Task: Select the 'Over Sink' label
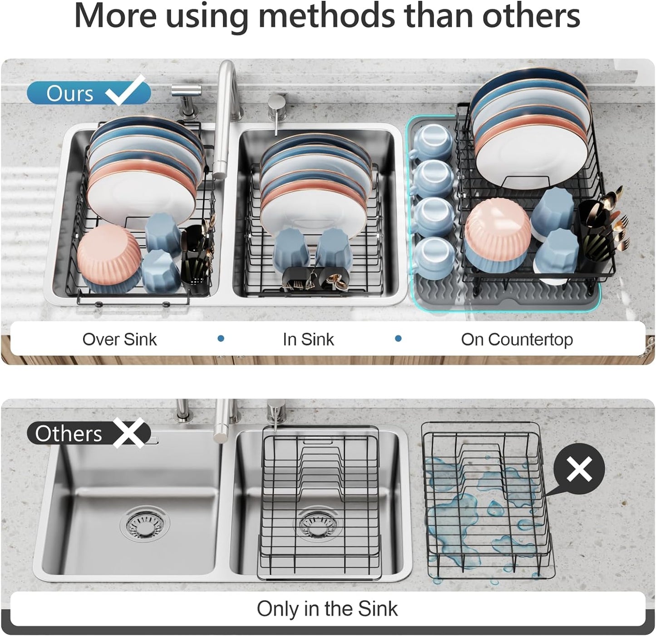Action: coord(119,340)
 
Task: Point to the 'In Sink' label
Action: coord(308,340)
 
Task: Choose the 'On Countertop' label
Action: coord(517,340)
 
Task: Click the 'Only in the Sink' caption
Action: coord(327,609)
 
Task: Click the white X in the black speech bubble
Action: coord(579,469)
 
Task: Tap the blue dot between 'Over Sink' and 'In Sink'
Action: coord(221,339)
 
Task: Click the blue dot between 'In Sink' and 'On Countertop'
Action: coord(398,339)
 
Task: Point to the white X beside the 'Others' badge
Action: coord(130,434)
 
